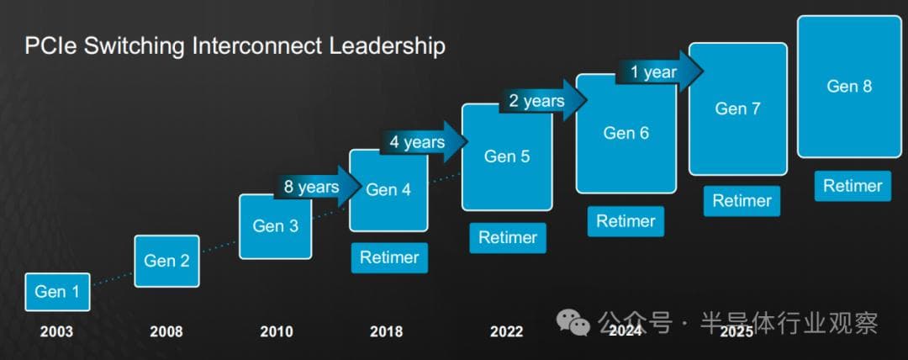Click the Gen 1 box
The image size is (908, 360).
(x=57, y=292)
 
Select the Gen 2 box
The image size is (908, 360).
(x=166, y=261)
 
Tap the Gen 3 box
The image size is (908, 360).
(x=276, y=226)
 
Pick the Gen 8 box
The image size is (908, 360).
(x=849, y=87)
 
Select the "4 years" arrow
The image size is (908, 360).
(x=424, y=142)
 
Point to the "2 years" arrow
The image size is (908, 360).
(x=542, y=101)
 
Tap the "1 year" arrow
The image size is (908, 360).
(x=659, y=71)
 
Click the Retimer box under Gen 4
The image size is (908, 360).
(x=390, y=257)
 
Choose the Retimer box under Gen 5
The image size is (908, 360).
(x=508, y=238)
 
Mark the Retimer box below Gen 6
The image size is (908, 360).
(x=626, y=221)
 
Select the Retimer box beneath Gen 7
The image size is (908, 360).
(x=742, y=201)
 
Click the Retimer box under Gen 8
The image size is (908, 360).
(x=853, y=186)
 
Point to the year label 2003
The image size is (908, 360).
(x=57, y=331)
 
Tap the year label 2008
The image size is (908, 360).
(x=166, y=331)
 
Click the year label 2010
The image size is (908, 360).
(x=277, y=331)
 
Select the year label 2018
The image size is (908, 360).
(x=386, y=331)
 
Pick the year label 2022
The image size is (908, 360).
(x=507, y=331)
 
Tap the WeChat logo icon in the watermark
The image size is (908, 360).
(x=573, y=322)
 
